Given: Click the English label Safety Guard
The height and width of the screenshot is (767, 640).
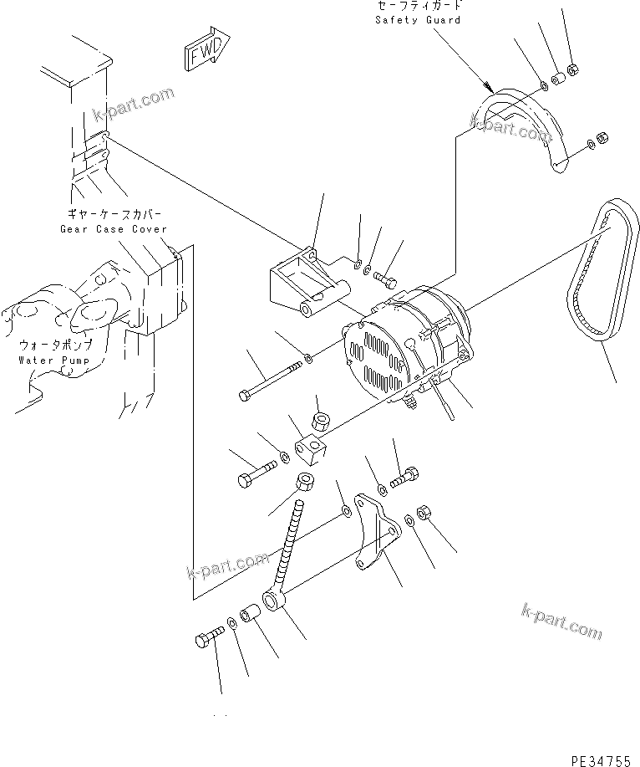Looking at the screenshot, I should [x=418, y=20].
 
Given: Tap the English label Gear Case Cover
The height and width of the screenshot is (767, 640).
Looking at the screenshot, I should [x=113, y=229].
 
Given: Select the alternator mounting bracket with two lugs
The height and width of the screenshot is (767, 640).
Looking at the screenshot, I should [x=305, y=284].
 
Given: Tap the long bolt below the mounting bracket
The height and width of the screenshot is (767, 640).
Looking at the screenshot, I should [x=272, y=377].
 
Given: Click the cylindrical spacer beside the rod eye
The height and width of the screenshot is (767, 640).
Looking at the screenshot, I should [x=250, y=618].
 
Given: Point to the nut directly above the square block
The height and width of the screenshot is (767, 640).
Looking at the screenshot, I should [x=318, y=416].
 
